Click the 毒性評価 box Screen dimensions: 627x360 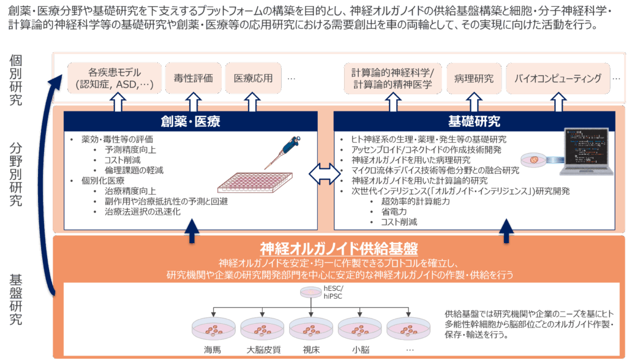pyautogui.click(x=193, y=78)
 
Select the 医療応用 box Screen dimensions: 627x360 pyautogui.click(x=253, y=78)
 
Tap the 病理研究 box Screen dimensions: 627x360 pyautogui.click(x=474, y=78)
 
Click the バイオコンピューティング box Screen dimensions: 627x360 pyautogui.click(x=558, y=78)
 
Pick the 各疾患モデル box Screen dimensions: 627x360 pyautogui.click(x=115, y=78)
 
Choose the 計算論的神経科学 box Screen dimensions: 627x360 pyautogui.click(x=392, y=78)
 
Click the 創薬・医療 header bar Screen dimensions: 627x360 pyautogui.click(x=191, y=121)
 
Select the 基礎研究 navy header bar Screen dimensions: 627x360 pyautogui.click(x=475, y=121)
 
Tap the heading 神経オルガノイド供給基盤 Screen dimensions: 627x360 pyautogui.click(x=339, y=249)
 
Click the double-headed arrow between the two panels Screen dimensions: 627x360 pyautogui.click(x=325, y=174)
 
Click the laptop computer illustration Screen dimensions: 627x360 pyautogui.click(x=587, y=152)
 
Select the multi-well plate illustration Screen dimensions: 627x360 pyautogui.click(x=255, y=182)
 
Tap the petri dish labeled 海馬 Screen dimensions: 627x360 pyautogui.click(x=214, y=329)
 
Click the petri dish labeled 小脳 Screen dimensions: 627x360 pyautogui.click(x=360, y=329)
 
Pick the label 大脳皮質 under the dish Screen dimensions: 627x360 pyautogui.click(x=263, y=350)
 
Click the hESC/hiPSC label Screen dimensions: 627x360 pyautogui.click(x=334, y=293)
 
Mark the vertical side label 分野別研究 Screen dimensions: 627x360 pyautogui.click(x=15, y=174)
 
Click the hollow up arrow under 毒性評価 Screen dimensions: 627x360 pyautogui.click(x=193, y=102)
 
